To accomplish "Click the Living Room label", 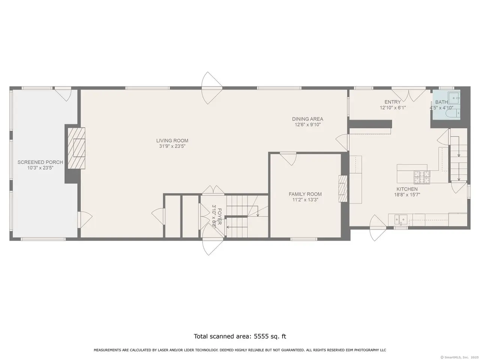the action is pos(172,141).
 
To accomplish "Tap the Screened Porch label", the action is pos(40,162).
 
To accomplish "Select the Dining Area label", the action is pos(307,119).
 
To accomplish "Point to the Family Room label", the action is pos(305,194).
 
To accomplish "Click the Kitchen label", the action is pos(407,189).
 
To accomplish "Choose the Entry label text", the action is pos(393,102).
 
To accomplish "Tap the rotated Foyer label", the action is pos(219,217).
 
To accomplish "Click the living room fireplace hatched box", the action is pos(76,148).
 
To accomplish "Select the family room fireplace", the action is pos(343,189).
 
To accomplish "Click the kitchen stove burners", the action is pos(421,177).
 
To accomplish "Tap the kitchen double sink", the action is pos(401,219).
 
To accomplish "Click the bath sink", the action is pos(454,98).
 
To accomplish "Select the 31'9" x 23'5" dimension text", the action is pos(172,146).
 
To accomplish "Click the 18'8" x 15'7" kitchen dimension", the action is pos(407,195).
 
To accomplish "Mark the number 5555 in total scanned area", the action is pos(261,336).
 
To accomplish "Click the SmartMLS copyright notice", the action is pos(460,357).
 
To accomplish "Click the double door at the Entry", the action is pos(408,95).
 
